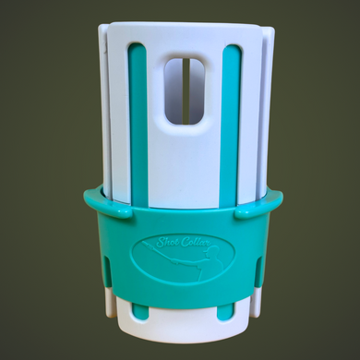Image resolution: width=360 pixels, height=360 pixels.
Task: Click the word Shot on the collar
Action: coord(165,243)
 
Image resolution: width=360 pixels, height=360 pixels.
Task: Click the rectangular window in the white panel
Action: coord(185,90)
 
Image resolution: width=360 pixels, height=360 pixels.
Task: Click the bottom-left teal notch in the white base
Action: coord(139,312)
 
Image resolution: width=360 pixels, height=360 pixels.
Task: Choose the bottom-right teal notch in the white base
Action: coord(224,312)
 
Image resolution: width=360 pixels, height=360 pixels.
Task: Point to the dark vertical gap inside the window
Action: coord(184,90)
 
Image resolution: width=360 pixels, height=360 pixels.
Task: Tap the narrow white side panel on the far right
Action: coord(267,111)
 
